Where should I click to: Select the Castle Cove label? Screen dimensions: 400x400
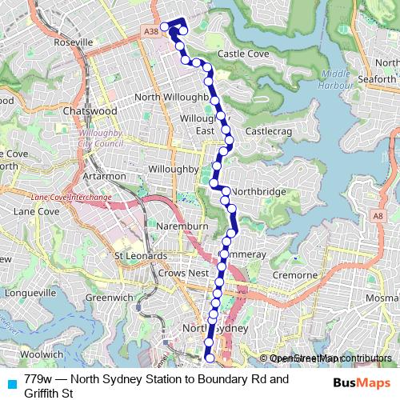[243, 54]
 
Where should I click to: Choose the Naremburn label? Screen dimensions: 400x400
[182, 226]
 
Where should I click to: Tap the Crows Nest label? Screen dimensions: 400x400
[183, 273]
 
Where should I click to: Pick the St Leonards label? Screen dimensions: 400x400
[140, 256]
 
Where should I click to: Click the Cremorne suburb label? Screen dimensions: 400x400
[294, 274]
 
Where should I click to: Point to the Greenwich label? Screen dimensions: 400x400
[109, 298]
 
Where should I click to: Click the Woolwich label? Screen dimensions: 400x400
[42, 353]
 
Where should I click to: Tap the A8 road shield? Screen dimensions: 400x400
[378, 216]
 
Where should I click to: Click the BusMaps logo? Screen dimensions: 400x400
[362, 383]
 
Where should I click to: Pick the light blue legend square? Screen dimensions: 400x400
[10, 383]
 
